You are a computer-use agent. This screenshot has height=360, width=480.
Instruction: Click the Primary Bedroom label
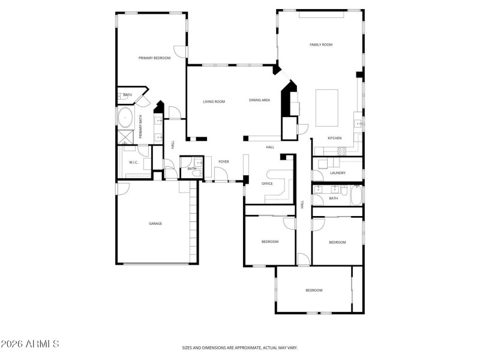click(x=154, y=58)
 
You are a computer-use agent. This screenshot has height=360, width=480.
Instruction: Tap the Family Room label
click(x=321, y=45)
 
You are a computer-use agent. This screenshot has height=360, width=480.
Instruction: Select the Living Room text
click(x=214, y=101)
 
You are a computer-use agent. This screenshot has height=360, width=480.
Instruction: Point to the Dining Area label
click(x=259, y=100)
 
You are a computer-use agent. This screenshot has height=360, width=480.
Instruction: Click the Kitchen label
click(x=334, y=139)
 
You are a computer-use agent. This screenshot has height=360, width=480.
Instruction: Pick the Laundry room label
click(x=337, y=173)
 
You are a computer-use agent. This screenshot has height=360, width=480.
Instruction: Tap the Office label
click(x=267, y=184)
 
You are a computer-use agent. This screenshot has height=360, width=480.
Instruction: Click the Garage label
click(x=155, y=224)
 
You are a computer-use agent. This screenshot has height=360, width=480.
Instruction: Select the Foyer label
click(x=223, y=161)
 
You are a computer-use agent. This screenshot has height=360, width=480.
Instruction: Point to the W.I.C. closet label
click(x=133, y=163)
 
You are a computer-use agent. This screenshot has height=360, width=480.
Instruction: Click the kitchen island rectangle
click(x=327, y=108)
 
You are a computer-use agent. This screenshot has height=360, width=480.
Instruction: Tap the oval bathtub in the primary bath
click(x=127, y=116)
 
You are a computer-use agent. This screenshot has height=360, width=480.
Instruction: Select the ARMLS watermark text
click(x=30, y=344)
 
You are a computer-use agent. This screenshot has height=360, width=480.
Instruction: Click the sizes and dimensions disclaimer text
click(x=240, y=347)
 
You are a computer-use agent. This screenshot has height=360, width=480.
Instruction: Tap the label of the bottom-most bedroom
click(x=314, y=290)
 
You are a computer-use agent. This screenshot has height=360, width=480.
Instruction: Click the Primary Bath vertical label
click(x=141, y=127)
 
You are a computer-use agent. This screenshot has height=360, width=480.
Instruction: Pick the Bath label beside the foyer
click(x=191, y=169)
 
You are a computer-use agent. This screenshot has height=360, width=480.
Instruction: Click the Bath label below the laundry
click(x=334, y=198)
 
